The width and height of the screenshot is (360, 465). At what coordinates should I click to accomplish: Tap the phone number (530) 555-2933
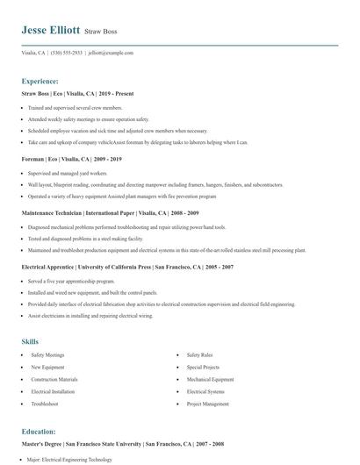[x=67, y=53]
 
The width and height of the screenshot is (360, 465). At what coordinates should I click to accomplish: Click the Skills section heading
[x=30, y=340]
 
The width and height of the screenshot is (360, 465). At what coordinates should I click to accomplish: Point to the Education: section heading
[x=39, y=432]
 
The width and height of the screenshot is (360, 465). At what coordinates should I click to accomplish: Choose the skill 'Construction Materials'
[x=54, y=380]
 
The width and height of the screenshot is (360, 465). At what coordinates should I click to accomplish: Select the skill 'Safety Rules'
[x=201, y=355]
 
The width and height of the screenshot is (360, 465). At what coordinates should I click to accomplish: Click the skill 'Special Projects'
[x=205, y=368]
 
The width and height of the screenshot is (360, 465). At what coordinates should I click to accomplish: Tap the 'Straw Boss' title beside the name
[x=102, y=31]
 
